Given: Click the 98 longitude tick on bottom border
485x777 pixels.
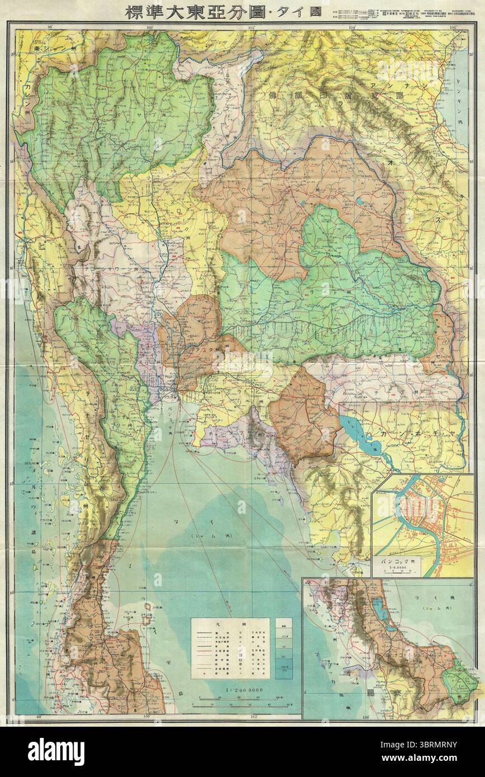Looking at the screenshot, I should pos(54,716).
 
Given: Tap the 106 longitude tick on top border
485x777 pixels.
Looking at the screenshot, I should pos(451,26).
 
